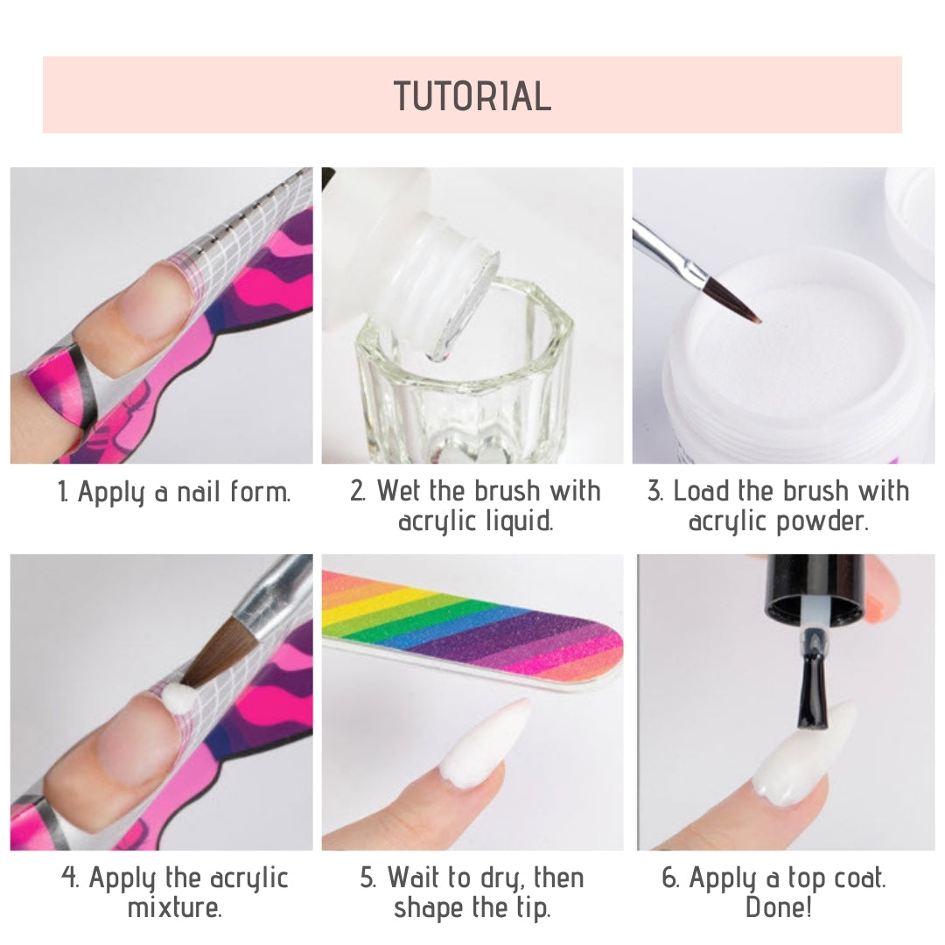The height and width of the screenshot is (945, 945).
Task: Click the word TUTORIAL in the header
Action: [472, 96]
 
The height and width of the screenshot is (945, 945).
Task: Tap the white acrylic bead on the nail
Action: [178, 700]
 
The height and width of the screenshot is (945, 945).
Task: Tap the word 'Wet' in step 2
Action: [400, 491]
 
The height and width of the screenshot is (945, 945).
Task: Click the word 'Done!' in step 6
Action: [778, 906]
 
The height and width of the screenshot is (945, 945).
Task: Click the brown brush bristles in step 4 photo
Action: [214, 657]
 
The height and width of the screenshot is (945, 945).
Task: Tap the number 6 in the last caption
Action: [668, 878]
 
